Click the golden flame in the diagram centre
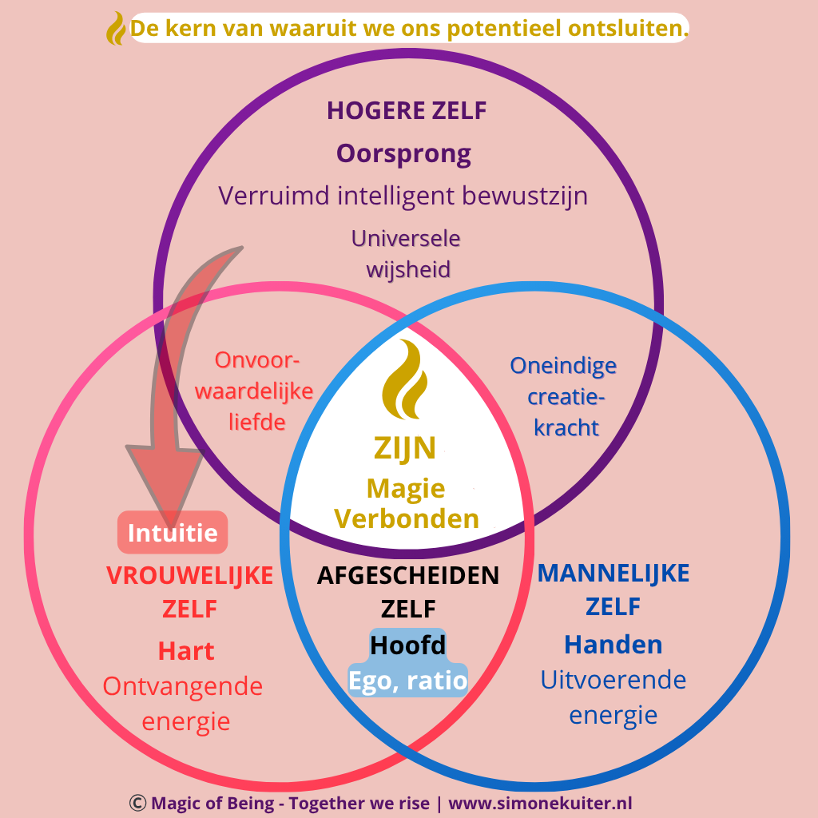point(407,379)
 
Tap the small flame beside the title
point(117,29)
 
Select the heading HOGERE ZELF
point(407,111)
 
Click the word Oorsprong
point(403,153)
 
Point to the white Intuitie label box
point(173,532)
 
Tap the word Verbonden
point(407,519)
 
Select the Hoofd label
point(407,645)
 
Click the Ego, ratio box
point(407,680)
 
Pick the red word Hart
point(186,651)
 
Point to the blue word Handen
point(613,645)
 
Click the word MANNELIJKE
point(613,573)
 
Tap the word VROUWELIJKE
point(189,575)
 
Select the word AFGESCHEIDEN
point(407,575)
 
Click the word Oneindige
point(563,366)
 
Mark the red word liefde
point(256,422)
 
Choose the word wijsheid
point(407,269)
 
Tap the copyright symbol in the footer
point(137,803)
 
